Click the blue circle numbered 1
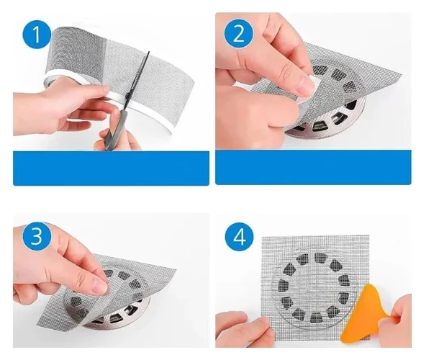(37, 35)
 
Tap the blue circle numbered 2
(238, 35)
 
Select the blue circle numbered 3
(37, 236)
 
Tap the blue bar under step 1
(111, 168)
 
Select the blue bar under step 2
(313, 166)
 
